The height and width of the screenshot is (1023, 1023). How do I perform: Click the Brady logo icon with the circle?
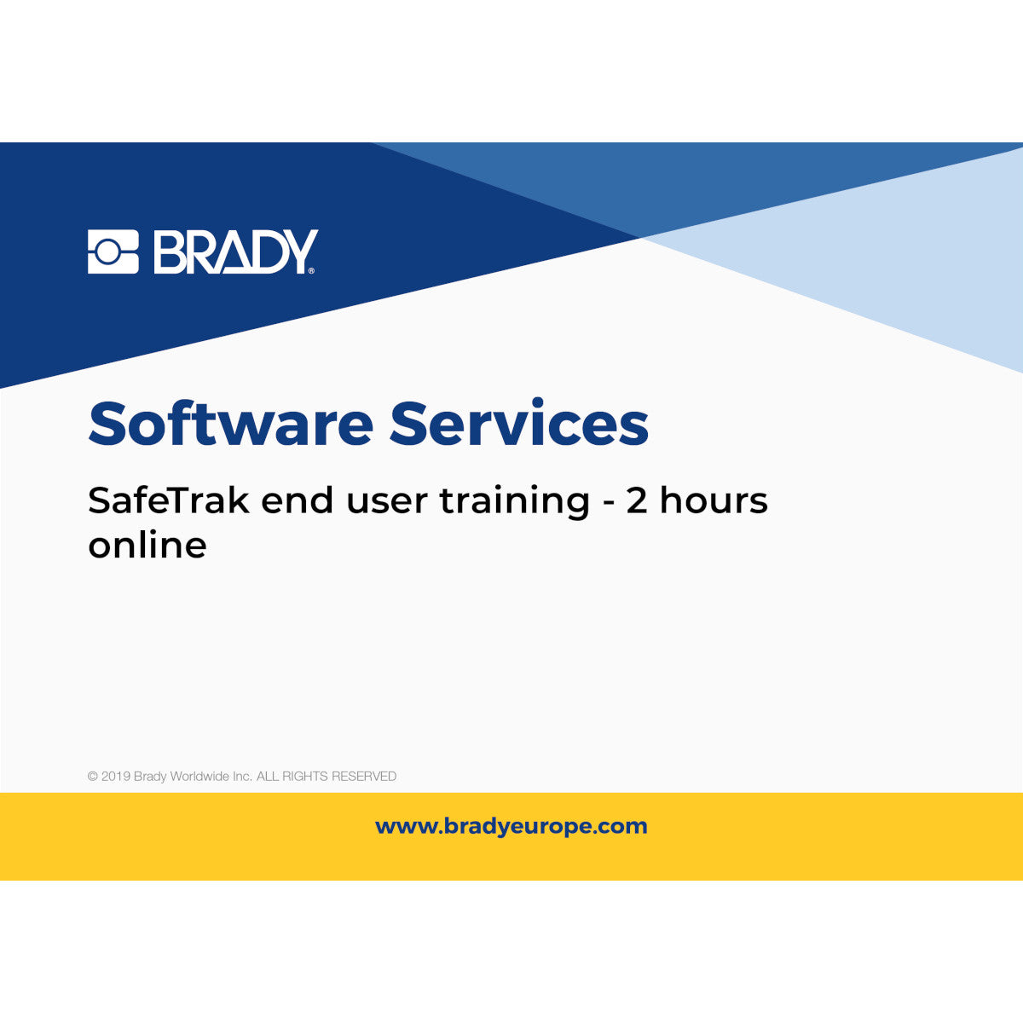point(113,251)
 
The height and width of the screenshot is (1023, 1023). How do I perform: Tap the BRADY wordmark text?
point(234,251)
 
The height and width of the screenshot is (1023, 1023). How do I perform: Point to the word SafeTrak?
point(168,500)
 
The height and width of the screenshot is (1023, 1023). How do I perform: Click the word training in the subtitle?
point(514,501)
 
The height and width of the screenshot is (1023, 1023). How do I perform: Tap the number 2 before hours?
point(637,501)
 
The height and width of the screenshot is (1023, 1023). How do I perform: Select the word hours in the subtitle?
point(714,500)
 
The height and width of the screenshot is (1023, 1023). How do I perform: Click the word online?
point(147,545)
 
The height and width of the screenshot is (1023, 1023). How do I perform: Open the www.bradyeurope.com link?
point(511,826)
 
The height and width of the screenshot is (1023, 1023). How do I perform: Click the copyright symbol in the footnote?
point(92,777)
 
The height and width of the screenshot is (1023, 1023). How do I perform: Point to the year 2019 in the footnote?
point(116,777)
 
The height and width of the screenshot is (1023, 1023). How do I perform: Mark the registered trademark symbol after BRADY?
point(311,270)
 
